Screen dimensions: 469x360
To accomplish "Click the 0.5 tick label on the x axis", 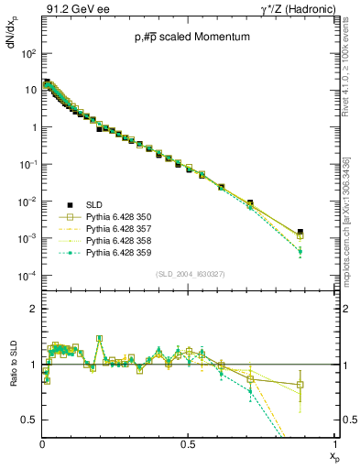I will pos(187,443).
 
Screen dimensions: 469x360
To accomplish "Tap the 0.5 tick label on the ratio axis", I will pos(28,420).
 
